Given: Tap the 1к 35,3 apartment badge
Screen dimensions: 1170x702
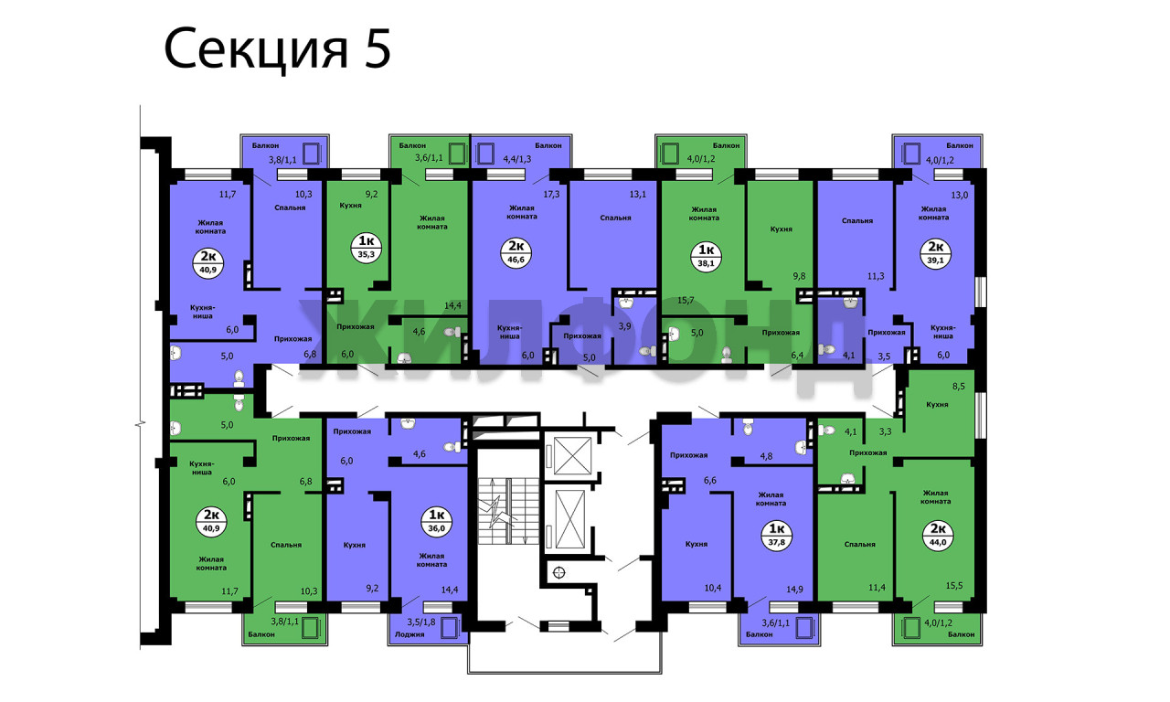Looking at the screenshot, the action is point(367,248).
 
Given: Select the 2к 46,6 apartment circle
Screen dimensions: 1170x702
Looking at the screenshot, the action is point(516,252).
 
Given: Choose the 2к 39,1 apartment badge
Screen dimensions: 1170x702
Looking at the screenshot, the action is point(935,253).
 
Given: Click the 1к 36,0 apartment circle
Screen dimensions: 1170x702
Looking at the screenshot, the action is point(436,521).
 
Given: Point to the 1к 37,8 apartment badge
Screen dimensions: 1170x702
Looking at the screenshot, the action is point(777,536).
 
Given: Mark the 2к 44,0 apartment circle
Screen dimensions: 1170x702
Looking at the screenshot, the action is point(938,536).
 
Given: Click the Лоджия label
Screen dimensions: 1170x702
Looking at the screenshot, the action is point(409,634).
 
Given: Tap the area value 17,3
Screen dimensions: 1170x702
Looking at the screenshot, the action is point(551,194).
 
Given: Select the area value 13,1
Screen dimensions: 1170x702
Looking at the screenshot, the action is point(638,194).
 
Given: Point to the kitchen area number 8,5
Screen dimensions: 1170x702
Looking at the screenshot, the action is point(959,387).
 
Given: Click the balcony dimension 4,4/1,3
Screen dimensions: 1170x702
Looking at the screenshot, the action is point(517,159).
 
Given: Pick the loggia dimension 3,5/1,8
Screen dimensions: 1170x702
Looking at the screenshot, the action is point(421,622).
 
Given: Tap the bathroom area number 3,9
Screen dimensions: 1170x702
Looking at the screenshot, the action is point(624,326).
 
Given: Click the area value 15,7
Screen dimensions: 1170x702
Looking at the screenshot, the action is point(686,300).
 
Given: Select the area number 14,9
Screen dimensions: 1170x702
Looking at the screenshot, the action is point(794,590).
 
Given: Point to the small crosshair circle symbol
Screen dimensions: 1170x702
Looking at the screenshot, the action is point(558,572).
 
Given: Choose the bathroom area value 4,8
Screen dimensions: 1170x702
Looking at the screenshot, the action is point(766,455).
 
